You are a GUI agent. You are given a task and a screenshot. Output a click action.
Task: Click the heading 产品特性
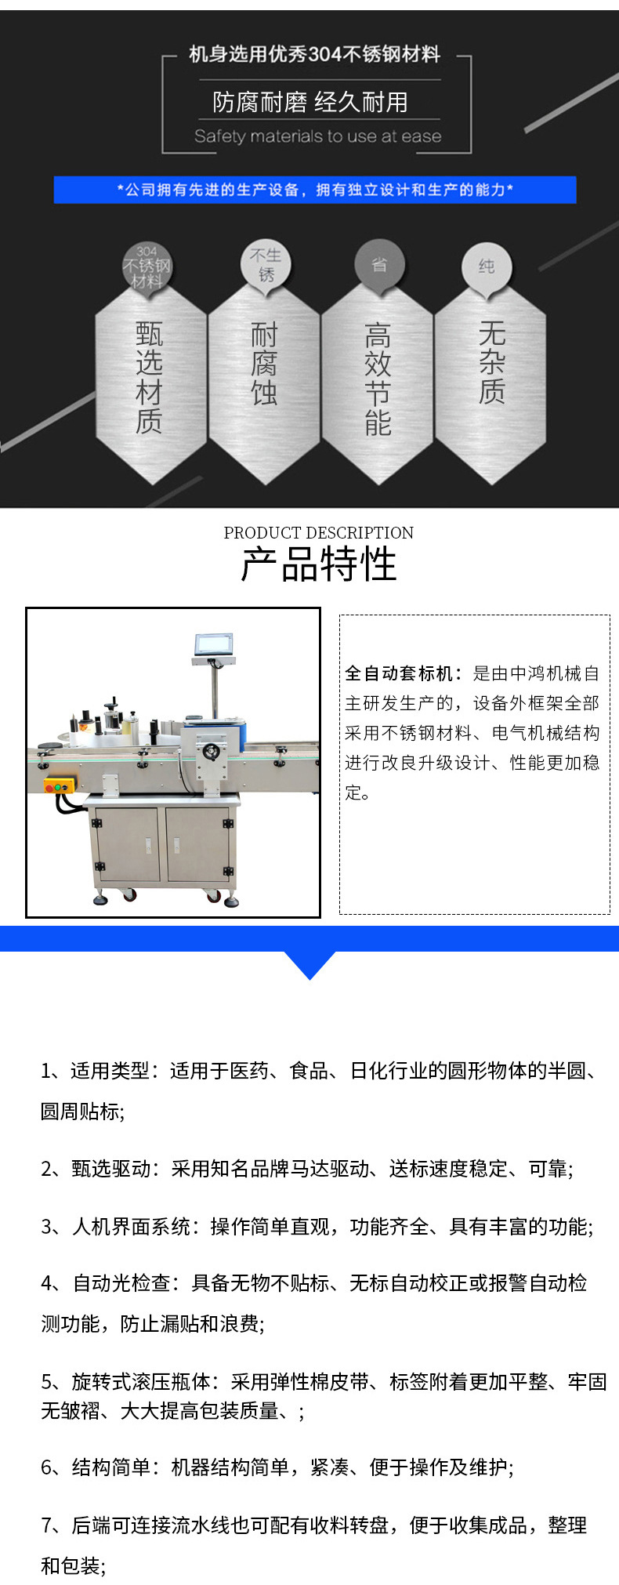point(318,564)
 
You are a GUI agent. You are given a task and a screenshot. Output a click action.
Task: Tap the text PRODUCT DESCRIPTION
point(318,533)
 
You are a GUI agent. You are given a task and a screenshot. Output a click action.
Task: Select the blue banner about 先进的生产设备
point(315,190)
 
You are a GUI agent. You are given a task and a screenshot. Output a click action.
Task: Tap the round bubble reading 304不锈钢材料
point(147,267)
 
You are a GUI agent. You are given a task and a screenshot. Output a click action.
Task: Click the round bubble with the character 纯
point(487,267)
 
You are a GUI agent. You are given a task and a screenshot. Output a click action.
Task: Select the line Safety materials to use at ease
point(317,136)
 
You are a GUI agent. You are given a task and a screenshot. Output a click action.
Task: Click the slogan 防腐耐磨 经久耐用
point(310,102)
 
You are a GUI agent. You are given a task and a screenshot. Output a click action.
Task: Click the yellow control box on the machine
point(59,785)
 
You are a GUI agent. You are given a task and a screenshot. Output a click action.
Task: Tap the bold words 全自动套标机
point(398,673)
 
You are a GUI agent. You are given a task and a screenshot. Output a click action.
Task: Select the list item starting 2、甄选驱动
point(307,1169)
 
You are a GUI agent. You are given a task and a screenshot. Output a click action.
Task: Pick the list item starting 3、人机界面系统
point(317,1226)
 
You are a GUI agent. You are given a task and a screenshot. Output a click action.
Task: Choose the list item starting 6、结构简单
point(277,1467)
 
